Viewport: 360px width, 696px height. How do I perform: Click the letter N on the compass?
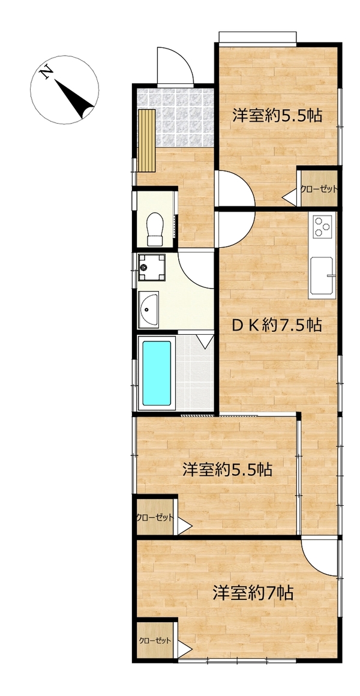coord(46,72)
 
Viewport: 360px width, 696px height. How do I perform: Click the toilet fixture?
coord(155,229)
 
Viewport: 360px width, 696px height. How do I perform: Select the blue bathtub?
coord(156,373)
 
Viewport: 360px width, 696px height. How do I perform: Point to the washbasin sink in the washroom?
coord(148,310)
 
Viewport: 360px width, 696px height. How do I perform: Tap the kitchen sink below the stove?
coord(322,275)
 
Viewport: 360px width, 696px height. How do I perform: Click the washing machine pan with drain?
coord(151,268)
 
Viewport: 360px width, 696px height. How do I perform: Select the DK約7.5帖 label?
coord(277,326)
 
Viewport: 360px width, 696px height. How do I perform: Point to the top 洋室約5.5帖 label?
coord(277,115)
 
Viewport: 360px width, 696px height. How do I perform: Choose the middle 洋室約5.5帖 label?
coord(227,470)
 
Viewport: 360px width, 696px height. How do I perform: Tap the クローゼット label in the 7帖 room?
coord(155,641)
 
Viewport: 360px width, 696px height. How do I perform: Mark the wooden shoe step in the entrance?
coord(147,140)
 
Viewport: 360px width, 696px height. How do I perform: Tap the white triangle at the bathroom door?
coord(205,340)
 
